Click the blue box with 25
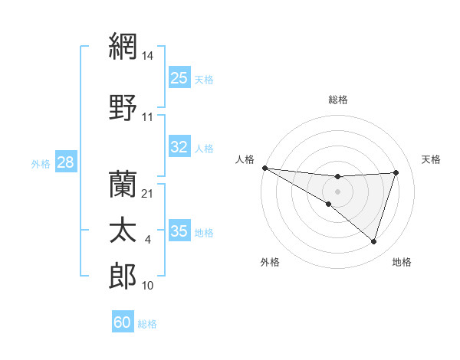click(x=179, y=77)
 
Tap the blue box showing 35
click(x=179, y=231)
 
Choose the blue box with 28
click(x=65, y=162)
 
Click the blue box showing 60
click(x=123, y=322)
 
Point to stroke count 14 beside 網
click(x=148, y=56)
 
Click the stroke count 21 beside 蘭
click(x=148, y=194)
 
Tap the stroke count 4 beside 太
click(x=148, y=241)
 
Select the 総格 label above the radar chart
click(x=338, y=100)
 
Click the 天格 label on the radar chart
click(x=431, y=159)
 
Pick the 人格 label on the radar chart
click(x=245, y=159)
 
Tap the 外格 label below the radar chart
click(x=270, y=262)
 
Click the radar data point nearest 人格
click(x=264, y=168)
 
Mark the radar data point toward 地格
click(x=373, y=241)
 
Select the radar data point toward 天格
click(x=396, y=172)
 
